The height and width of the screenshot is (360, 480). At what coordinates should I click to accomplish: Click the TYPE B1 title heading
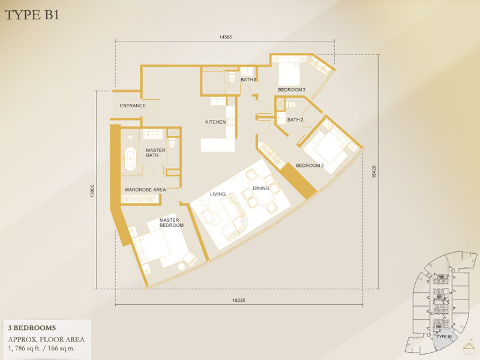32,14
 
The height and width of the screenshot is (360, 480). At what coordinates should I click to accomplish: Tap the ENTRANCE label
133,106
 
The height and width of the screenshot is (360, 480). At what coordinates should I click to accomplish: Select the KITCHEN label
215,122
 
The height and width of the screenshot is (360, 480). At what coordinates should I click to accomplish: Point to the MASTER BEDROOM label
172,223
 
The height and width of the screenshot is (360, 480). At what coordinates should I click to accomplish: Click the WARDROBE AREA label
145,190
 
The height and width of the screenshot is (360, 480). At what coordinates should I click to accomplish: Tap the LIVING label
218,194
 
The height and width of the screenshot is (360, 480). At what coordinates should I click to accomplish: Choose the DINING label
261,188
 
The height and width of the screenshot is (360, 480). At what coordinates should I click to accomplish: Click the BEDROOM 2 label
310,166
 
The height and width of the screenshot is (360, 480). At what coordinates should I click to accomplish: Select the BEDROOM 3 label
292,89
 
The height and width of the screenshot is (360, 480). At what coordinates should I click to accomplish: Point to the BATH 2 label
295,119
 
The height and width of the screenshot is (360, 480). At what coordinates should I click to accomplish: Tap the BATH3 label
248,80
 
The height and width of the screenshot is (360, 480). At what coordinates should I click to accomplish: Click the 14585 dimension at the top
226,37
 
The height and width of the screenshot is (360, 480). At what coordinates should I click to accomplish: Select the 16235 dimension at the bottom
239,301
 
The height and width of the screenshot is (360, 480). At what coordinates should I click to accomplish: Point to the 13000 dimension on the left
92,191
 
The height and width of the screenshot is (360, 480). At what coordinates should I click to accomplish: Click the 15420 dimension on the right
374,172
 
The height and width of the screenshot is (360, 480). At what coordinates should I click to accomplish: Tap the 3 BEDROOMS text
32,328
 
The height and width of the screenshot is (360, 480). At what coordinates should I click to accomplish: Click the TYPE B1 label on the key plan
444,337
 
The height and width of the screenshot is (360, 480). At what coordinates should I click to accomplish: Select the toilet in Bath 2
292,104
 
